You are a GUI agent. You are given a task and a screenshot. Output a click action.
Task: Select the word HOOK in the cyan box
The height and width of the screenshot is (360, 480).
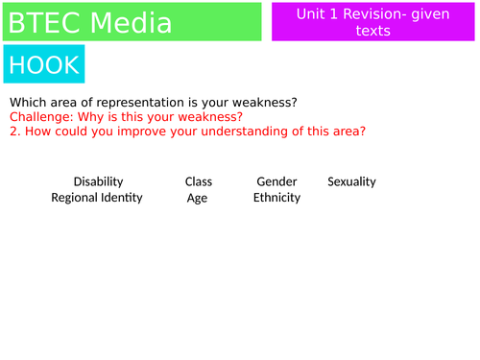[x=43, y=65]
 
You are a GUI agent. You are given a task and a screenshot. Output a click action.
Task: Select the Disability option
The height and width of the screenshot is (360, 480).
[x=98, y=181]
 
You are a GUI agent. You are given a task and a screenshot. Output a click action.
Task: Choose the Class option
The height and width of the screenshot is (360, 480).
[x=199, y=181]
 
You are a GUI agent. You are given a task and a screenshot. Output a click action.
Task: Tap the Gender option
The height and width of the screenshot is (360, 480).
[x=276, y=181]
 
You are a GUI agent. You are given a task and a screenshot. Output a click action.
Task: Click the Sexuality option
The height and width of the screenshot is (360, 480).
[x=351, y=181]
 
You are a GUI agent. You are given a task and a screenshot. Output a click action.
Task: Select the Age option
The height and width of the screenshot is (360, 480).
[x=198, y=198]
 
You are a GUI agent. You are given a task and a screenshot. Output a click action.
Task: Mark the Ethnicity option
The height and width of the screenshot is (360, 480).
[x=276, y=198]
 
